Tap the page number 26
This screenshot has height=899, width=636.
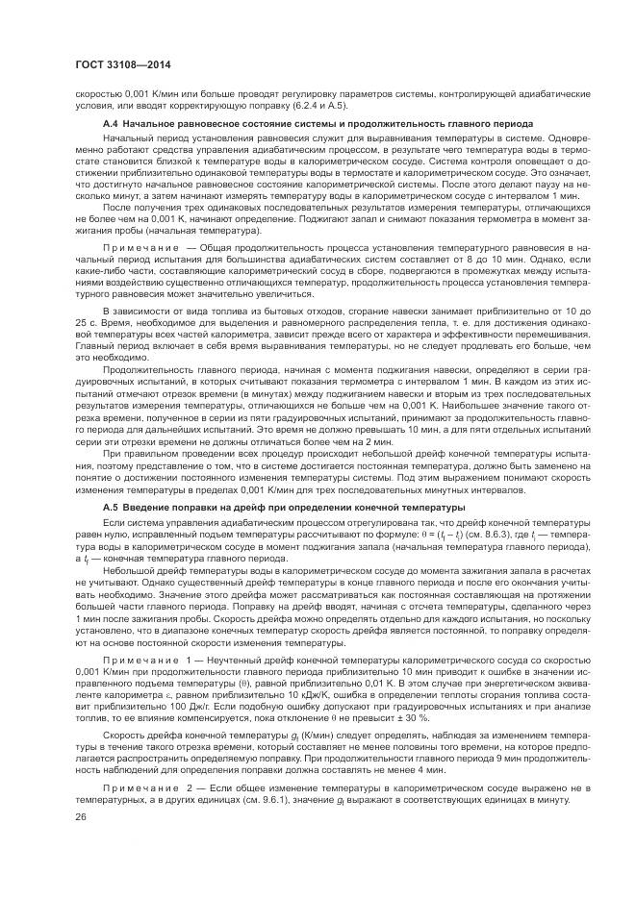tap(80, 814)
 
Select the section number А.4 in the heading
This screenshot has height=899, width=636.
tap(110, 124)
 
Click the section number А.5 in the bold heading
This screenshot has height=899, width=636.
tap(110, 506)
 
